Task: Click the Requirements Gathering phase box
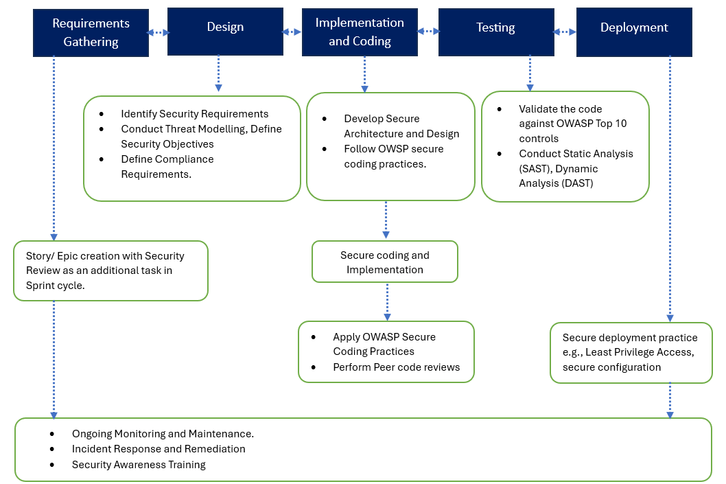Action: (91, 33)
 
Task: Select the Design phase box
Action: (225, 27)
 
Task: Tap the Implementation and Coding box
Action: (360, 32)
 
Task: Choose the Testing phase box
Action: (495, 27)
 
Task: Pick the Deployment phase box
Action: (634, 27)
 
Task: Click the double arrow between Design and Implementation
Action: (292, 32)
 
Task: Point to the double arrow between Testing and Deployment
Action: (565, 32)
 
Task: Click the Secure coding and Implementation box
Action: (385, 262)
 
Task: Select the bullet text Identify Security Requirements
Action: (194, 114)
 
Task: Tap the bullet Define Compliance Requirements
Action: (167, 166)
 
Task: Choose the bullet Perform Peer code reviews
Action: (396, 367)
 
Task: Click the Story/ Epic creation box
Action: (110, 270)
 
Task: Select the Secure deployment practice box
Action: (631, 353)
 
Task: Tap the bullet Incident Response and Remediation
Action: (159, 449)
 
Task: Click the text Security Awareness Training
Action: (139, 465)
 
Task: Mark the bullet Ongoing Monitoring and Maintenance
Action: (163, 434)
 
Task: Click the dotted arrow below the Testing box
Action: (530, 73)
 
